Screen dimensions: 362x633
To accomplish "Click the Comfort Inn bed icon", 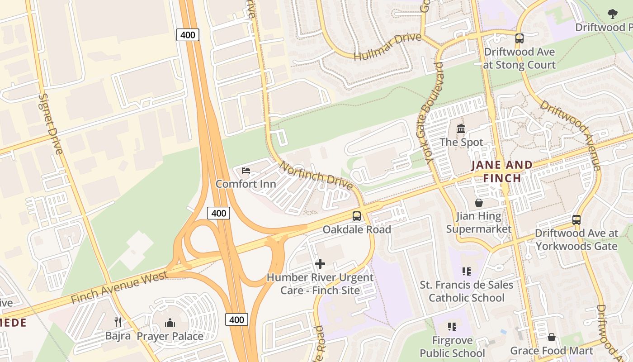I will point(246,170).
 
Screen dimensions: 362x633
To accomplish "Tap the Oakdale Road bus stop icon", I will point(357,216).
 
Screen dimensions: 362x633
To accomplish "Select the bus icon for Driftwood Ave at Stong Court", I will point(519,38).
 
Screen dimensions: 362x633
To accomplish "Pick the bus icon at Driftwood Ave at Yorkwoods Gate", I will point(576,220).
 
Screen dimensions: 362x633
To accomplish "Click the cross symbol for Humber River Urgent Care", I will point(320,263).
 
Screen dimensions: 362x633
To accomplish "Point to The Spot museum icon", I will point(461,129).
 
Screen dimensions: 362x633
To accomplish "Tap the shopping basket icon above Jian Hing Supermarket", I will point(478,203).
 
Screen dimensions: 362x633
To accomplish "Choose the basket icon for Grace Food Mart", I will point(551,337).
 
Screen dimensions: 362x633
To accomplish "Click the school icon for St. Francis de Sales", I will point(467,271).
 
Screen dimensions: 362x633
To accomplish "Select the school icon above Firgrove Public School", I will point(452,327).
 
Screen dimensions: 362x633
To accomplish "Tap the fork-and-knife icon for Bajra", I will point(118,322).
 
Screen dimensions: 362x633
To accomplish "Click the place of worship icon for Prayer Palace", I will point(170,323).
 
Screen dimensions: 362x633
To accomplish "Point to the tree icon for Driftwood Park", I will point(613,14).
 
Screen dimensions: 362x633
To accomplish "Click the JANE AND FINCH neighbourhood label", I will point(502,171).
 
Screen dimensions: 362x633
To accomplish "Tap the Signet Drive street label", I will point(50,124).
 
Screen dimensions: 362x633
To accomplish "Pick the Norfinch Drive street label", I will point(316,175).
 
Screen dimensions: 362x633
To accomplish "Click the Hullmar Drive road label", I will point(387,47).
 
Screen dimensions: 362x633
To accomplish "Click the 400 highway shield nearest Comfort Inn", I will point(219,213).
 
